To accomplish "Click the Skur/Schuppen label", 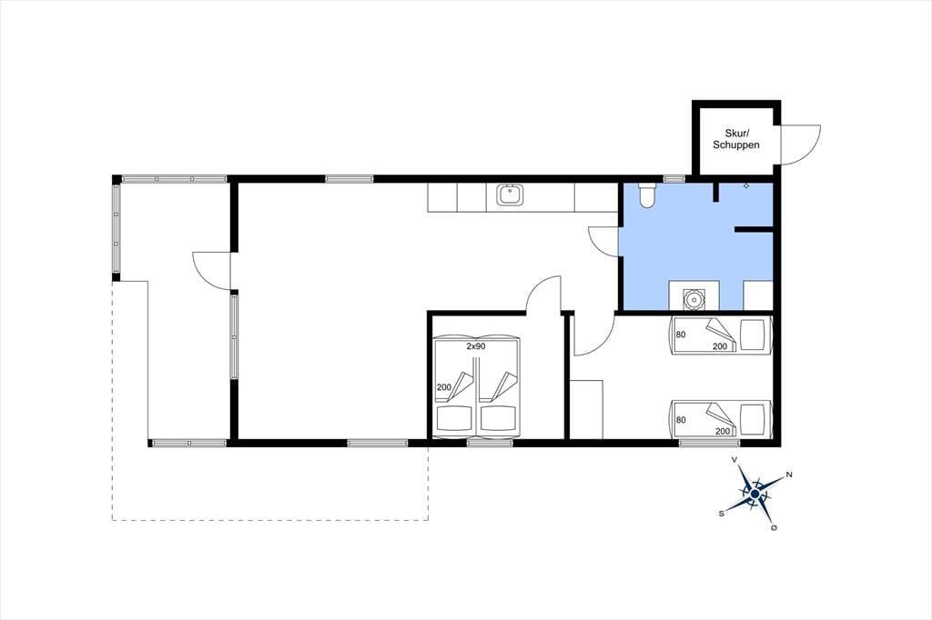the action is [x=735, y=139].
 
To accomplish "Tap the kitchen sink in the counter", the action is [x=510, y=195].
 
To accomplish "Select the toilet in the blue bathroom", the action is [x=646, y=195].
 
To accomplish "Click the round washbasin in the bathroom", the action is [x=694, y=299].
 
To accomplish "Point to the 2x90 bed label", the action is [x=475, y=346].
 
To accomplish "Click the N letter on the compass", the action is [x=789, y=475].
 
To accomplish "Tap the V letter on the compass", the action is [x=735, y=460].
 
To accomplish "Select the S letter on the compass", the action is [x=722, y=514].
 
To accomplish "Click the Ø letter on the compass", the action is [x=774, y=528].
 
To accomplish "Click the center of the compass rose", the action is [x=755, y=494].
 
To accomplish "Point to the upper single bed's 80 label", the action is [x=681, y=335].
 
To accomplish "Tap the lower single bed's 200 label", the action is [x=722, y=431].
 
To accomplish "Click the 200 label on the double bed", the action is [x=444, y=387].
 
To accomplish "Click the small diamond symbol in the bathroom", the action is [x=746, y=185].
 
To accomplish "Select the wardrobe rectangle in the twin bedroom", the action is [x=587, y=410].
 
